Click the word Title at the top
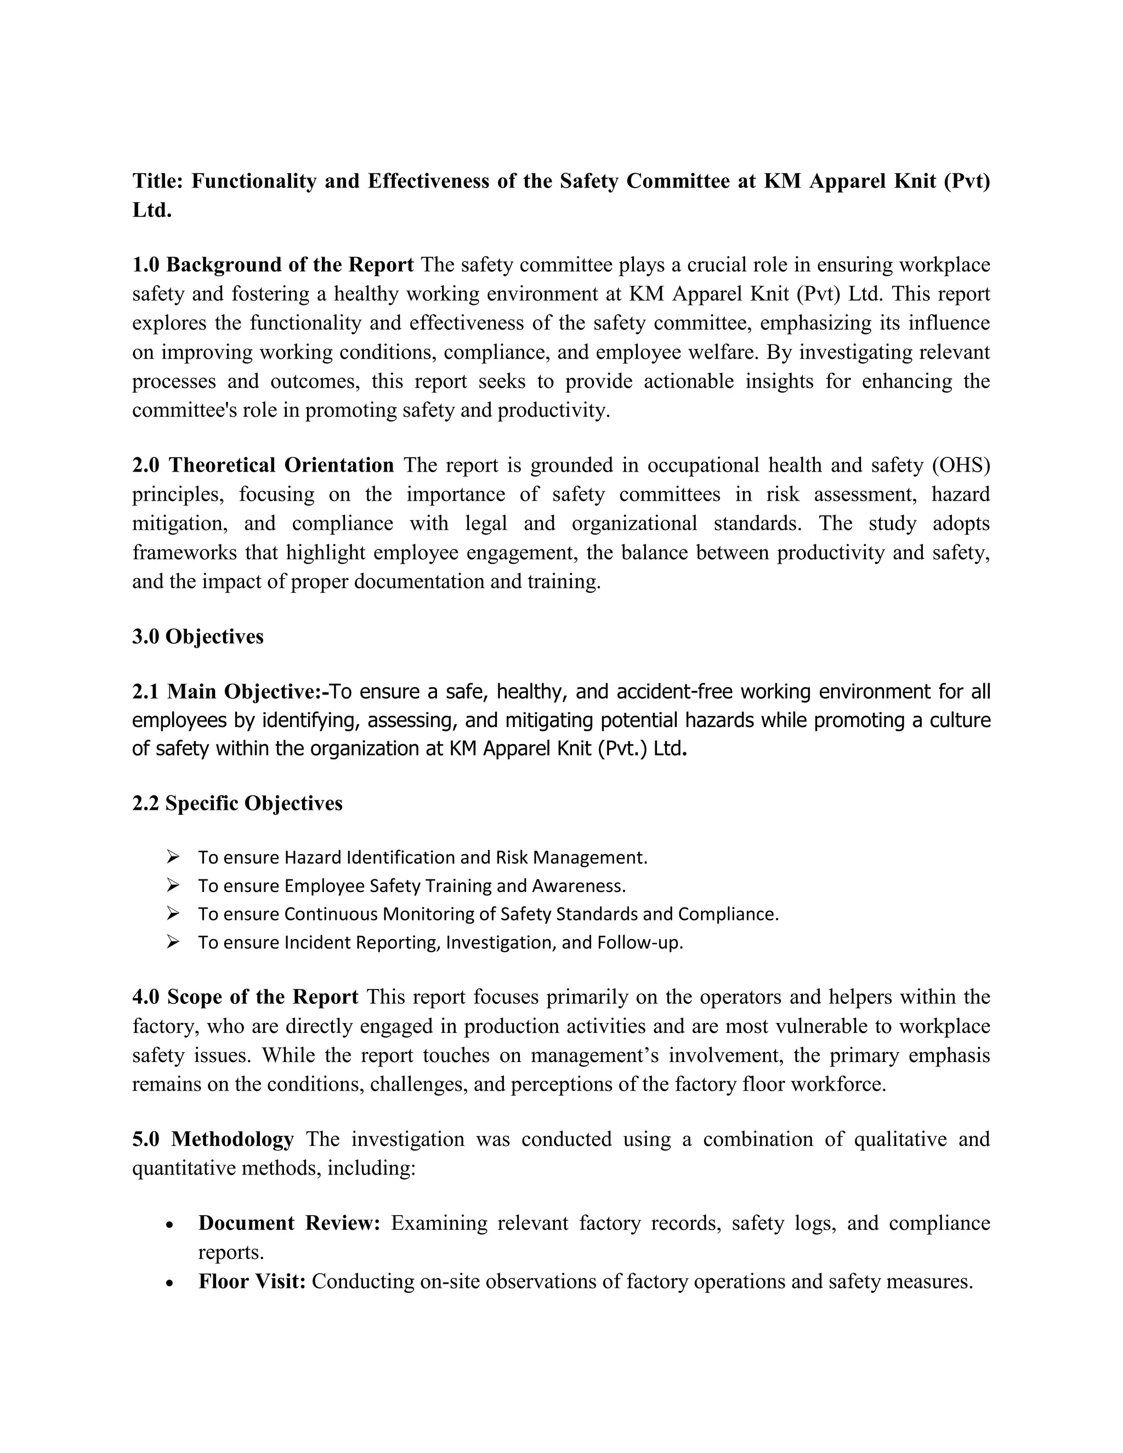click(x=157, y=181)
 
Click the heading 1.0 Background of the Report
click(x=273, y=265)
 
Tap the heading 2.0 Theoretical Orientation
click(x=263, y=465)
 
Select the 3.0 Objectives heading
click(x=197, y=637)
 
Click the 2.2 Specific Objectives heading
click(x=237, y=803)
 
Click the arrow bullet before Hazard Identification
click(x=173, y=857)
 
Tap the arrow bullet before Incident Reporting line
click(x=173, y=942)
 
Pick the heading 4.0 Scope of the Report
click(x=245, y=997)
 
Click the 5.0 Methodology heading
click(x=213, y=1139)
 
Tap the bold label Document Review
click(x=289, y=1223)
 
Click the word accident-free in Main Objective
click(x=674, y=692)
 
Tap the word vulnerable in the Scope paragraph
click(x=821, y=1026)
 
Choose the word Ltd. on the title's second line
click(x=152, y=210)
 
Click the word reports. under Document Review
click(x=231, y=1252)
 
